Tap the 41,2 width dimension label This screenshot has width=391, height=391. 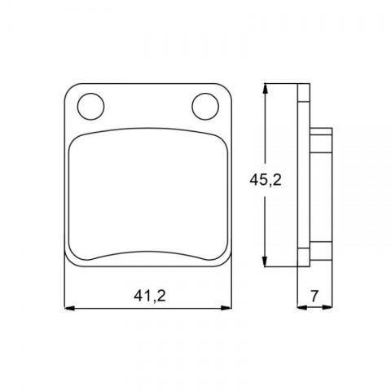pyautogui.click(x=150, y=296)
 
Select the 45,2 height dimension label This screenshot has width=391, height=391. pyautogui.click(x=266, y=180)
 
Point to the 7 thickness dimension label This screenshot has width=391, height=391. pyautogui.click(x=314, y=296)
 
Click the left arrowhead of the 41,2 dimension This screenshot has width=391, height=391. pyautogui.click(x=69, y=308)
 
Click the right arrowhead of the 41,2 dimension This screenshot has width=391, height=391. pyautogui.click(x=226, y=308)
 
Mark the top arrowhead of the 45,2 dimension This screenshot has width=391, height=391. pyautogui.click(x=265, y=89)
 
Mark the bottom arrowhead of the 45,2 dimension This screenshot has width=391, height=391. pyautogui.click(x=265, y=261)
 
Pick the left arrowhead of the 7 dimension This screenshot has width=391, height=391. pyautogui.click(x=302, y=307)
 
